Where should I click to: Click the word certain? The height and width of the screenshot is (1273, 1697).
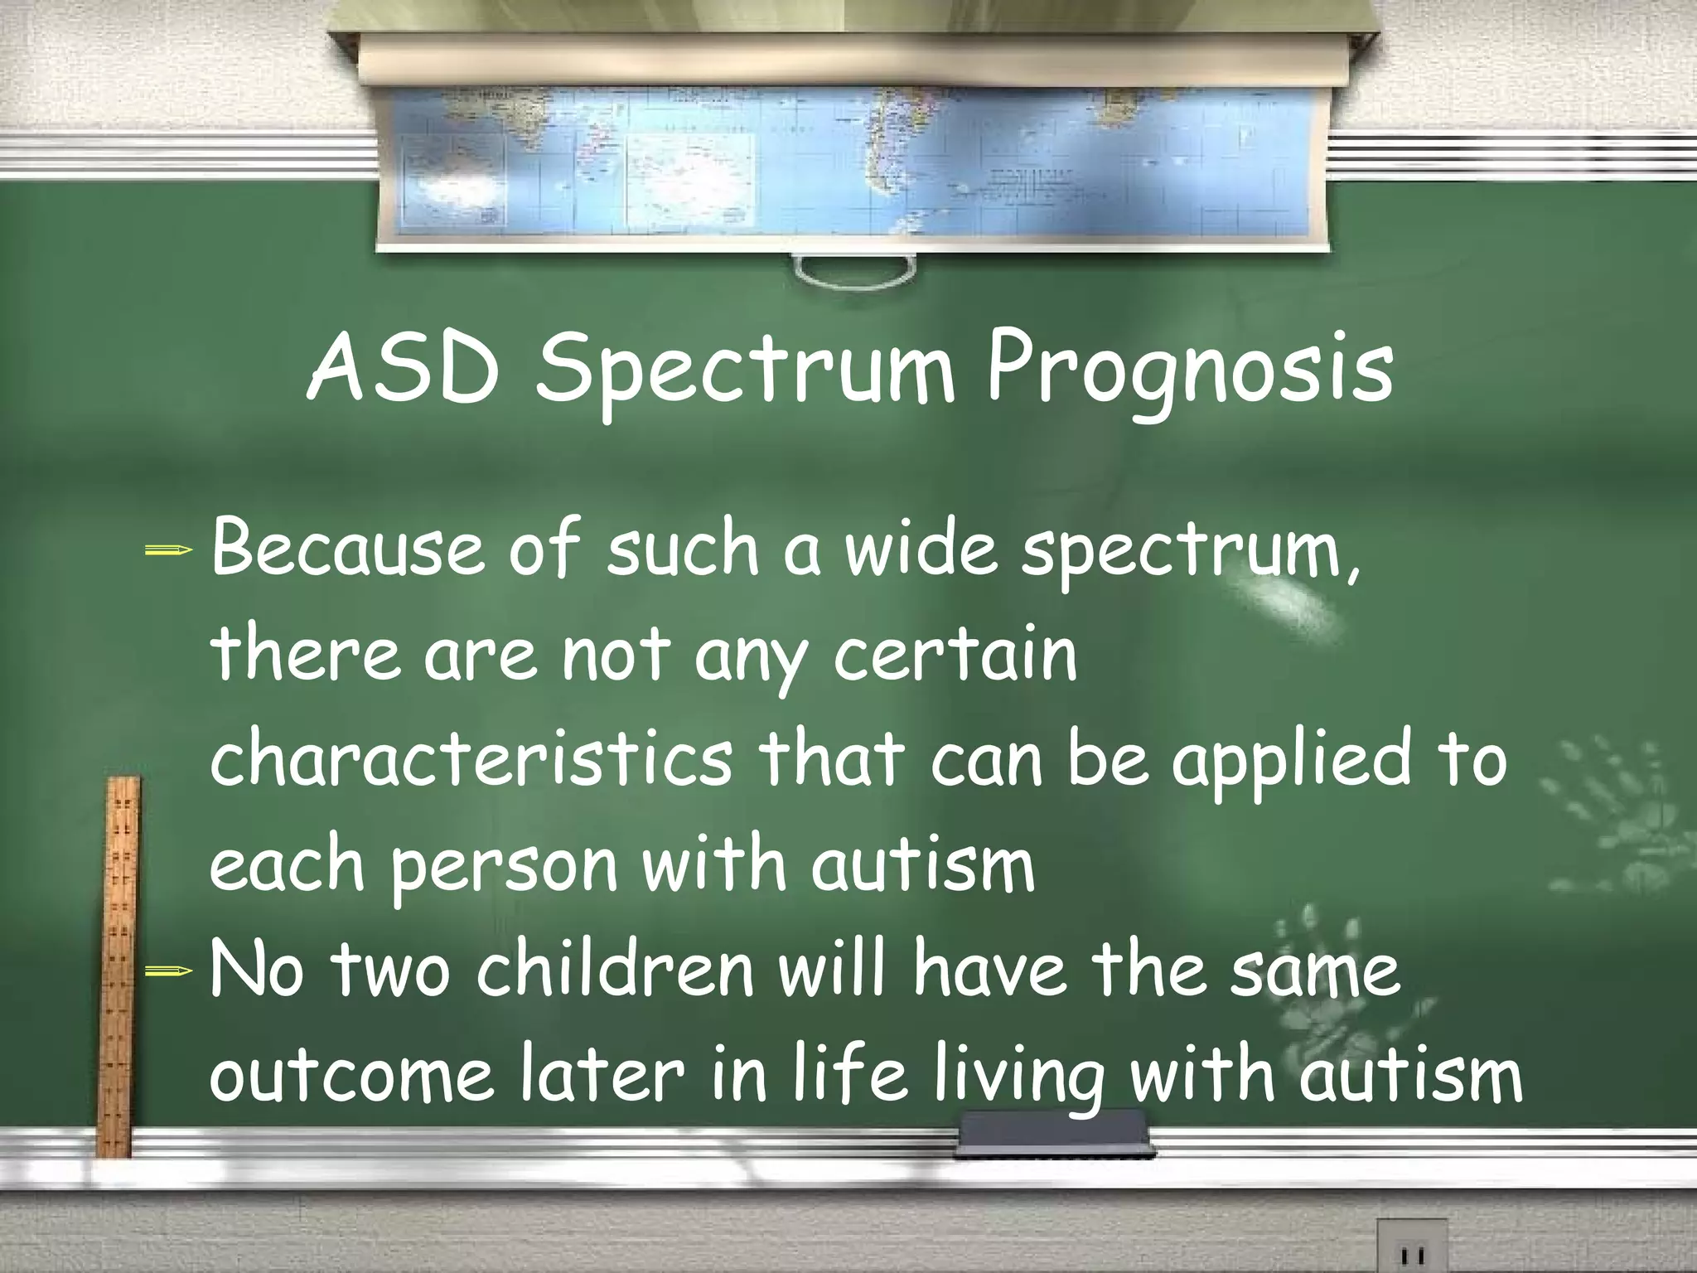pyautogui.click(x=954, y=655)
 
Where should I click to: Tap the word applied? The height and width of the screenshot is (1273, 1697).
pyautogui.click(x=1289, y=761)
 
